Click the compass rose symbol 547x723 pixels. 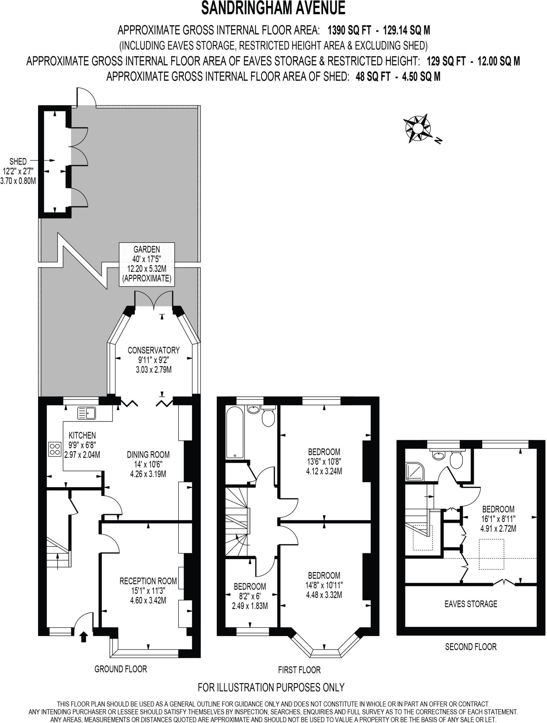tap(418, 128)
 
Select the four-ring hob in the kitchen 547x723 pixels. tap(54, 449)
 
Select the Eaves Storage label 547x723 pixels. tap(471, 604)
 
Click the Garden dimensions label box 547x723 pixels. tap(147, 264)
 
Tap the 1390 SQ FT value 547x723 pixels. tap(350, 31)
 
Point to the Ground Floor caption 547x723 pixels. tap(120, 669)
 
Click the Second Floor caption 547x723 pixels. tap(470, 647)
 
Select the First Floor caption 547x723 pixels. tap(299, 670)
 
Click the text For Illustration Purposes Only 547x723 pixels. tap(271, 687)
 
